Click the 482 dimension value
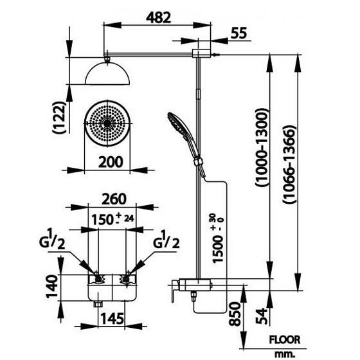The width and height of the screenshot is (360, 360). coord(159,18)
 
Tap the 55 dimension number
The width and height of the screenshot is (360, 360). coord(239,33)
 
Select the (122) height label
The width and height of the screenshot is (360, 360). coord(59,118)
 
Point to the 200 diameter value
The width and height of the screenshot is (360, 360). coord(111,162)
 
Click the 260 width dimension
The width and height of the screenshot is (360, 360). coord(114,199)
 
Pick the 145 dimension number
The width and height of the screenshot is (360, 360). coord(113,318)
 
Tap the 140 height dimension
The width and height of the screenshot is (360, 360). coord(52,286)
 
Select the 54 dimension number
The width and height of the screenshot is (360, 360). coord(262,316)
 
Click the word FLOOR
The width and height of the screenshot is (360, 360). coord(285,340)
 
